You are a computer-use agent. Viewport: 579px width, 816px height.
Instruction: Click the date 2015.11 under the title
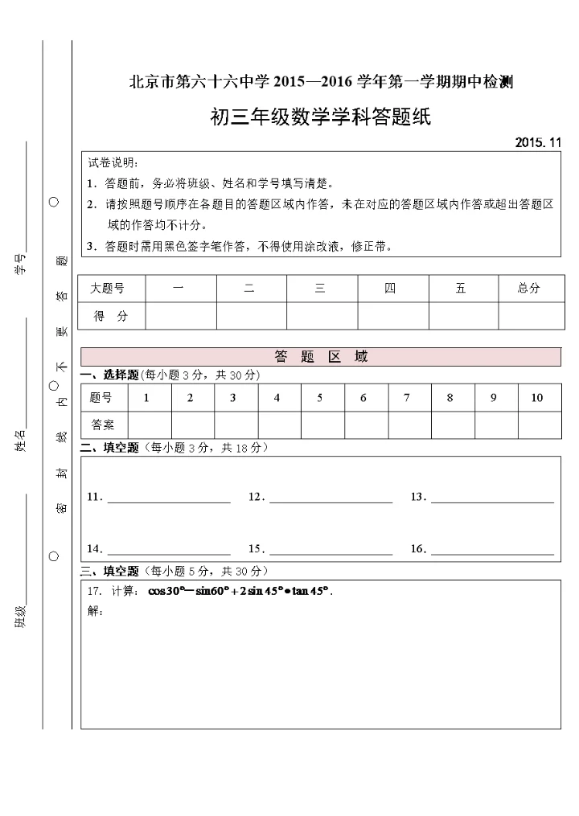[x=538, y=142]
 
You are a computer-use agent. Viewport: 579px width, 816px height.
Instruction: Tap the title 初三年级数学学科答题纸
[x=320, y=117]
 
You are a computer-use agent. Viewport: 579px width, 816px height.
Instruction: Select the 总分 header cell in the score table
[x=528, y=289]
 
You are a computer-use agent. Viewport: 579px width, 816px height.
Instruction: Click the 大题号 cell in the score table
[x=107, y=289]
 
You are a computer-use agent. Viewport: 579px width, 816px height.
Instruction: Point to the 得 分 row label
[x=110, y=316]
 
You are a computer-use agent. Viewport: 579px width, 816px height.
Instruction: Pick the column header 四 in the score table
[x=390, y=289]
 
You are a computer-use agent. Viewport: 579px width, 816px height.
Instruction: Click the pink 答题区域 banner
[x=321, y=356]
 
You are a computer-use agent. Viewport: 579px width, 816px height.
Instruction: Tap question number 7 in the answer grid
[x=407, y=398]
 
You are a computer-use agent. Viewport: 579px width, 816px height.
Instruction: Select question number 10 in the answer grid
[x=537, y=398]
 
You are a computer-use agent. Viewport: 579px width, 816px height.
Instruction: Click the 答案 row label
[x=103, y=424]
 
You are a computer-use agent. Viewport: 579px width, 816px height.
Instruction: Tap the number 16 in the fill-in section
[x=417, y=549]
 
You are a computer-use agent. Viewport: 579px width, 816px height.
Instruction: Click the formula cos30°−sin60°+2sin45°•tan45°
[x=240, y=591]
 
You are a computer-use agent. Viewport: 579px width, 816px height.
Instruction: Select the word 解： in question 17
[x=95, y=611]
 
